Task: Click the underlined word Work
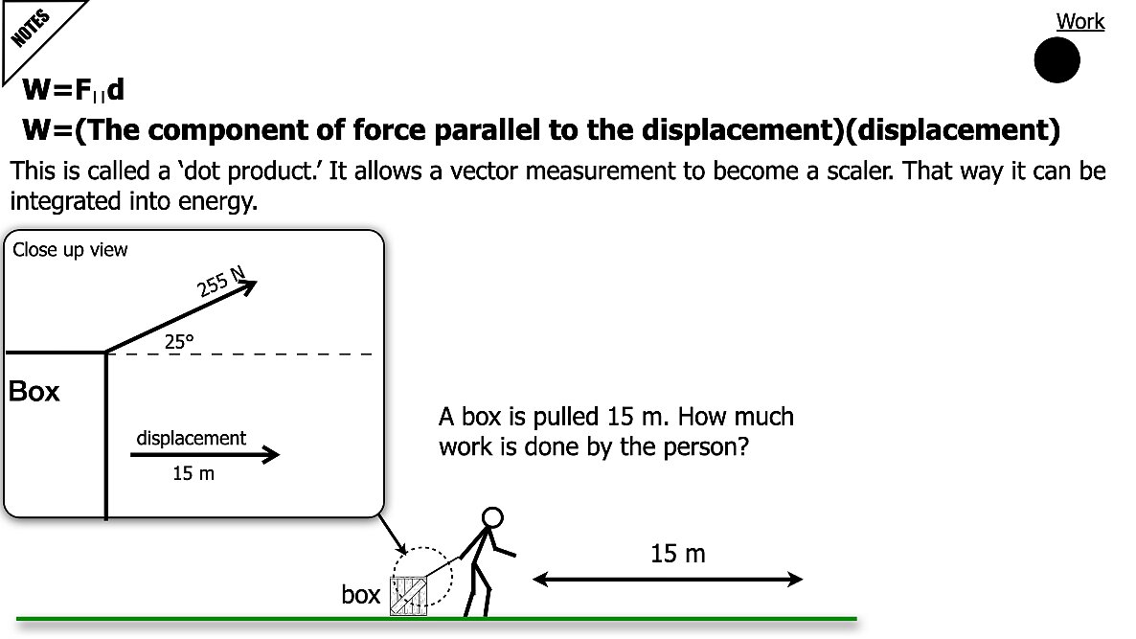pyautogui.click(x=1079, y=21)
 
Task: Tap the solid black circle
pyautogui.click(x=1056, y=61)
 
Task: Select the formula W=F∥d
pyautogui.click(x=74, y=91)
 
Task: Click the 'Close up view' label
pyautogui.click(x=70, y=251)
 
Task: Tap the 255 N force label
pyautogui.click(x=223, y=283)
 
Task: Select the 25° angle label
pyautogui.click(x=179, y=338)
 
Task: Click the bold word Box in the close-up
pyautogui.click(x=34, y=392)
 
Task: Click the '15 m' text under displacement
pyautogui.click(x=193, y=474)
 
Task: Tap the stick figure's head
pyautogui.click(x=491, y=518)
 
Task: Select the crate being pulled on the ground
pyautogui.click(x=408, y=594)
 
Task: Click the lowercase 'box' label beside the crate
pyautogui.click(x=361, y=595)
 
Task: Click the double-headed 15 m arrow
pyautogui.click(x=668, y=579)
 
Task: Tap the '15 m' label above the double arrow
pyautogui.click(x=677, y=554)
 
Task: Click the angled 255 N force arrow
pyautogui.click(x=182, y=317)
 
